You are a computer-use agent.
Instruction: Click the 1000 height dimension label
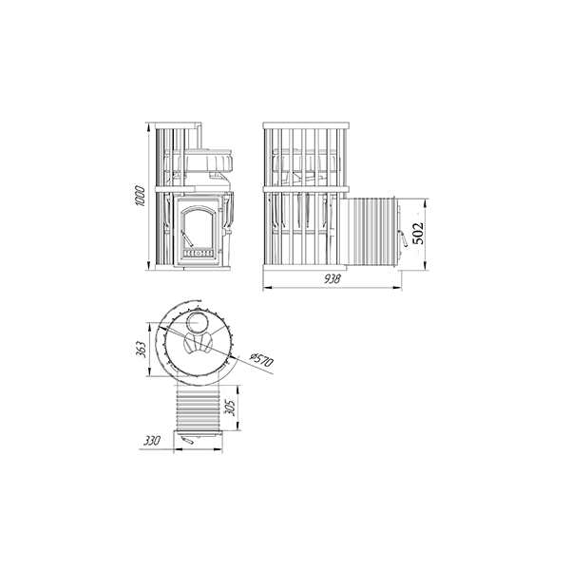pos(140,197)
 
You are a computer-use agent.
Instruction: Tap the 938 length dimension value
pos(332,279)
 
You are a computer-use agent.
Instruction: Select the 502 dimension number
pos(418,234)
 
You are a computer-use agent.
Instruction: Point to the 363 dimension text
pos(142,350)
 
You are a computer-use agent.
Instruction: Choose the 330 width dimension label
pos(152,441)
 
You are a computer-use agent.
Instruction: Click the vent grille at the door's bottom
pos(197,253)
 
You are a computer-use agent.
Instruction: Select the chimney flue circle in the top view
pos(198,322)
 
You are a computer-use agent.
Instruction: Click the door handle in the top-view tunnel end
pos(187,441)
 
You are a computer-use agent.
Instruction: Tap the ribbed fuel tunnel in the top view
pos(199,408)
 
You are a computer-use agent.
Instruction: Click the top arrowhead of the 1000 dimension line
pos(148,127)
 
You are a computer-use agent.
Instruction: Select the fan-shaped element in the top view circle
pos(199,344)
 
